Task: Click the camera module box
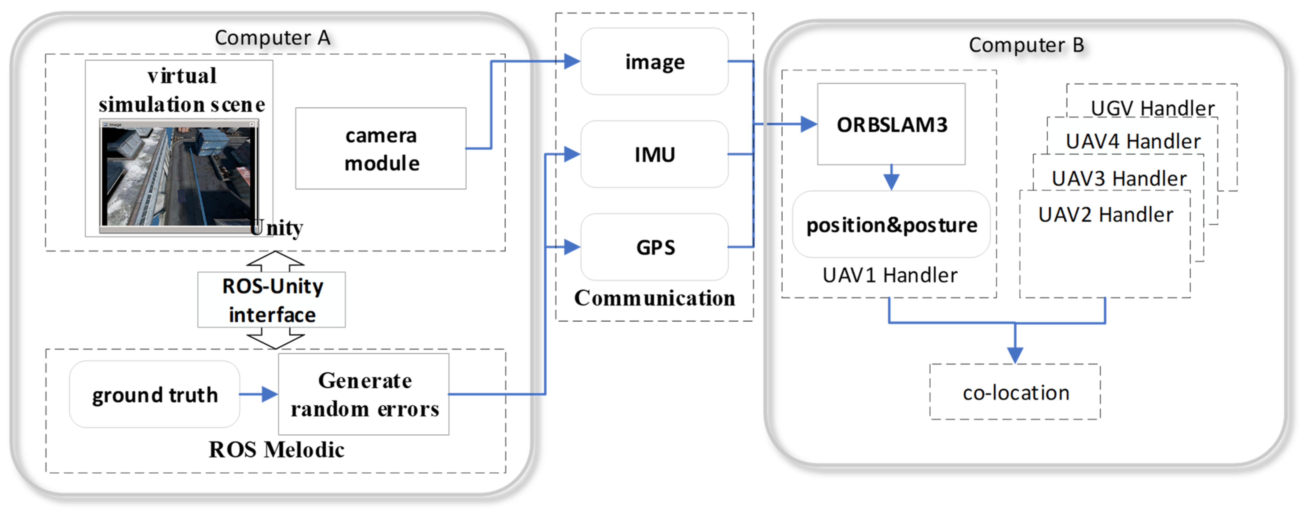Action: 381,149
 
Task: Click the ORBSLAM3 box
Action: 891,124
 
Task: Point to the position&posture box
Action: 891,225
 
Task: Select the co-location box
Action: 1015,392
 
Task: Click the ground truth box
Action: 155,395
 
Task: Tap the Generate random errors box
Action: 364,394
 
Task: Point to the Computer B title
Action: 1026,45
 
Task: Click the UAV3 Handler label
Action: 1119,178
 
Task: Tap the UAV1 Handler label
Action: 890,275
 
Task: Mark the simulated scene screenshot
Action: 178,175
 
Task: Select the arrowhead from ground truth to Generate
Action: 269,394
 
